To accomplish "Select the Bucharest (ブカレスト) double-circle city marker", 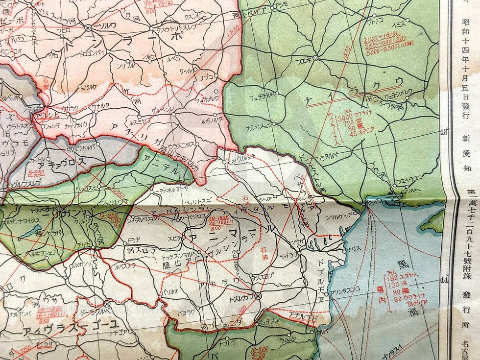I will (x=259, y=296).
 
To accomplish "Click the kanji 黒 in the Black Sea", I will (x=403, y=264).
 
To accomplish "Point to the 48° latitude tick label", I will (x=444, y=132).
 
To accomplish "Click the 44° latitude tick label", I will (x=444, y=280).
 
